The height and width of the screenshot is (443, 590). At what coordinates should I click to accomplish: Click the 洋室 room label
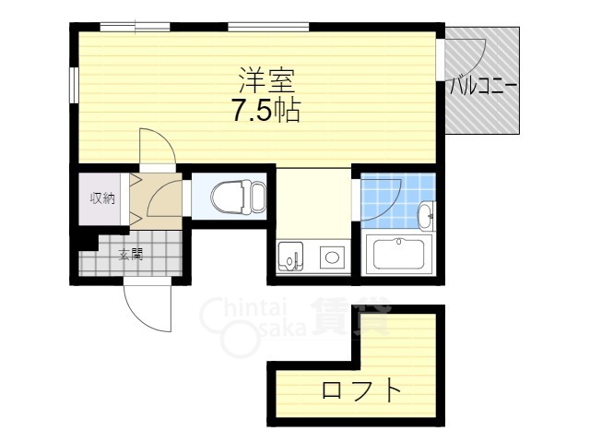266,78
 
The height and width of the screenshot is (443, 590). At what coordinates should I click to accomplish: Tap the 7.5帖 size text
266,112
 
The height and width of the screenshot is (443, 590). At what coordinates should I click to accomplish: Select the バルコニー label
483,88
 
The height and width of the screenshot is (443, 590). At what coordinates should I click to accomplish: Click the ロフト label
362,390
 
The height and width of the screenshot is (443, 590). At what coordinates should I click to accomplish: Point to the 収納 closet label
101,198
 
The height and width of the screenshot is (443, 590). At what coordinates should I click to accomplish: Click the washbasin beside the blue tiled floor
426,217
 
